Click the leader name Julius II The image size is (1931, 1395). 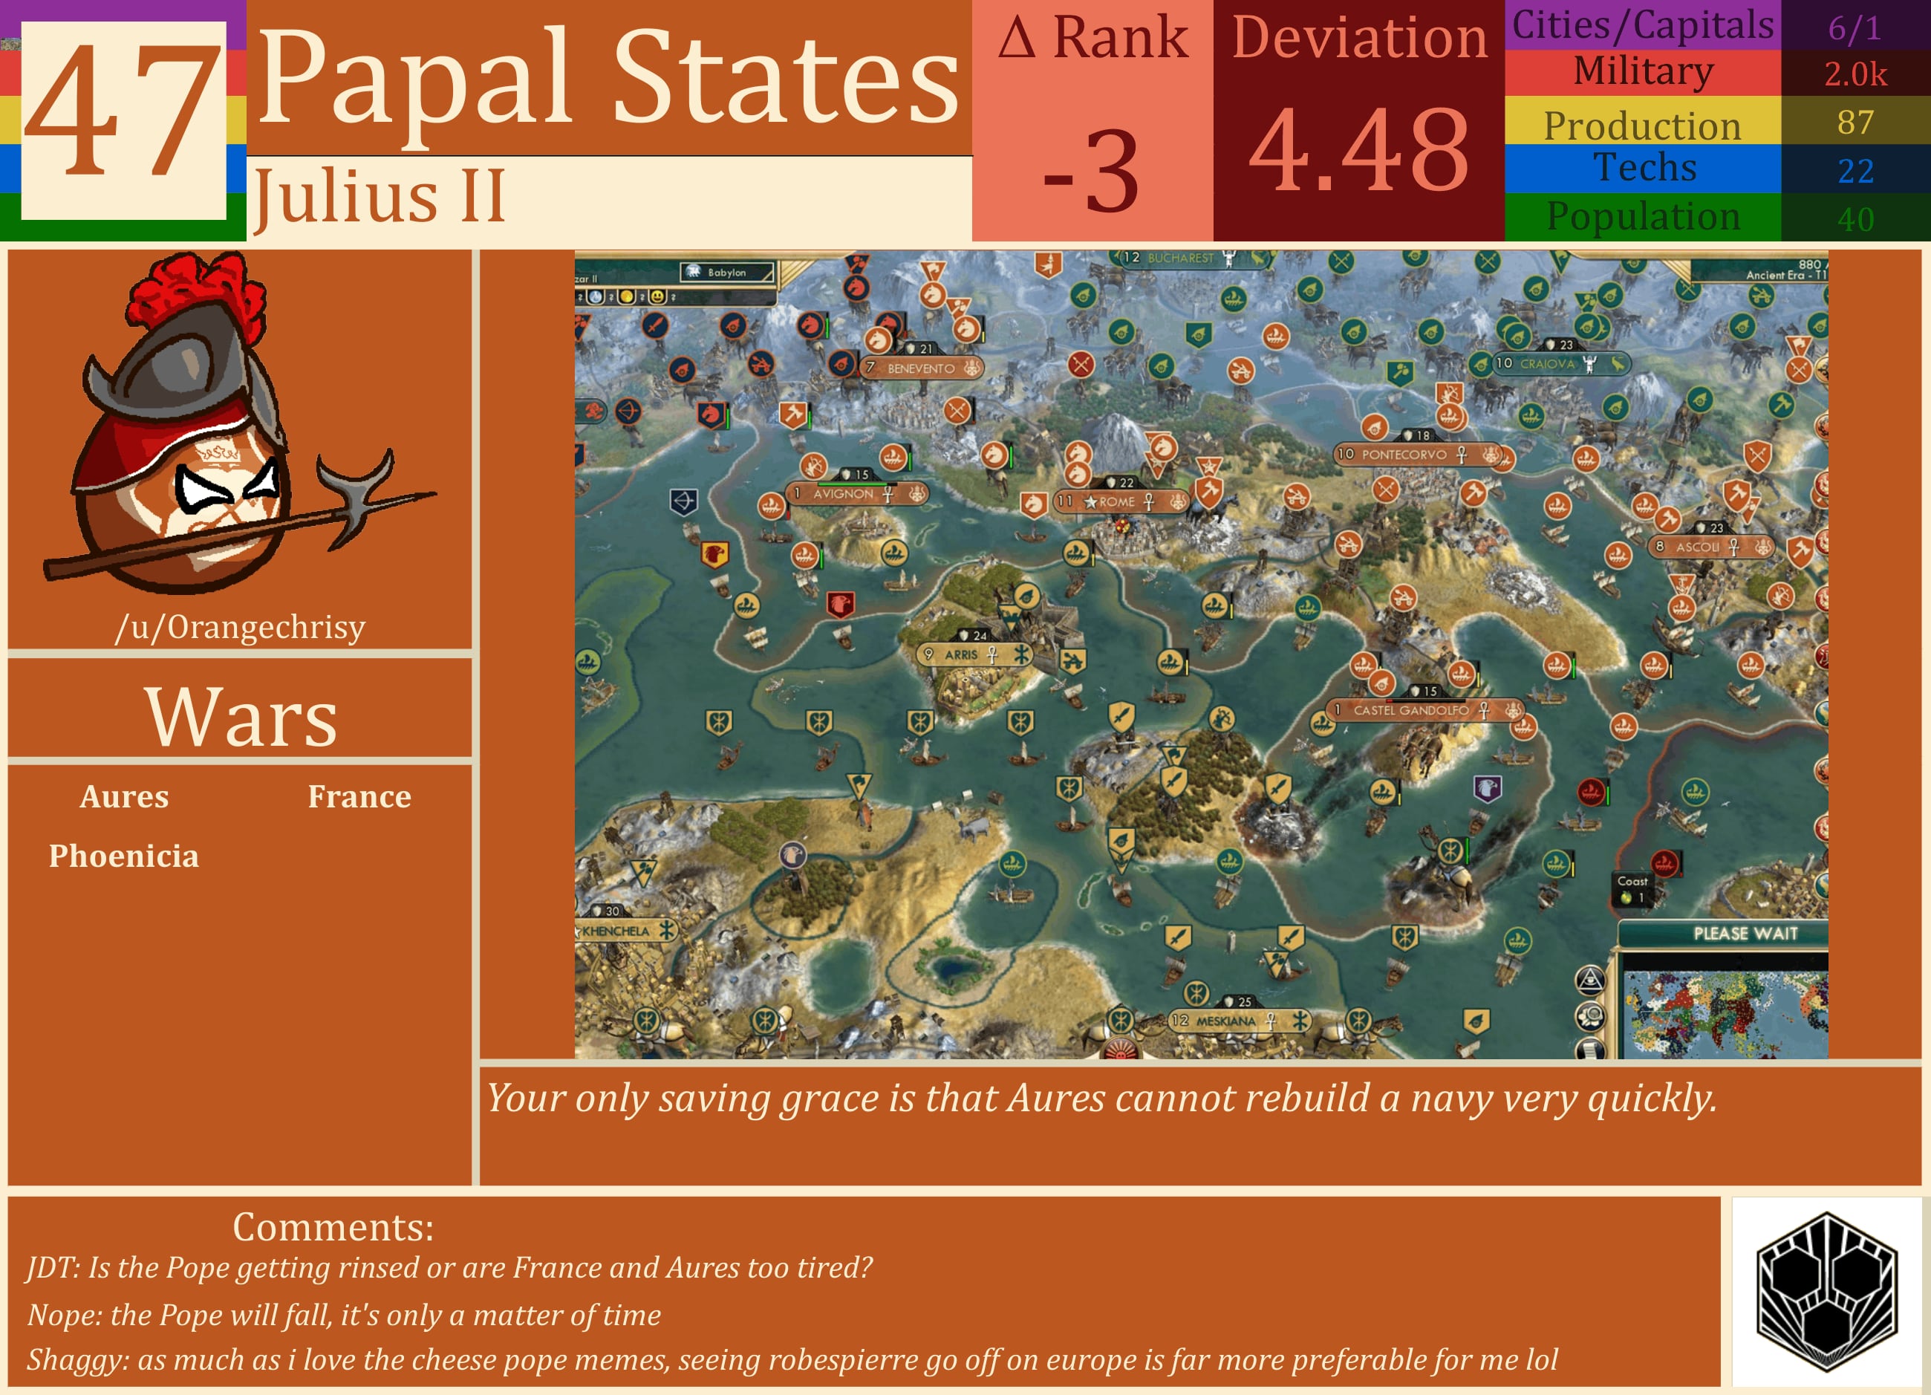click(x=379, y=196)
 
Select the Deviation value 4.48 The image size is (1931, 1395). click(x=1359, y=151)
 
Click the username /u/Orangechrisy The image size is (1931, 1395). click(x=240, y=627)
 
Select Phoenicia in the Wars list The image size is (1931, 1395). click(x=123, y=856)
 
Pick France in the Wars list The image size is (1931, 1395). click(x=359, y=796)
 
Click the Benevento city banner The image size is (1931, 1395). click(x=920, y=368)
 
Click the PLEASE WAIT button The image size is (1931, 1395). click(x=1745, y=934)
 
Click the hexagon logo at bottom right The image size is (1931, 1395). click(x=1826, y=1292)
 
